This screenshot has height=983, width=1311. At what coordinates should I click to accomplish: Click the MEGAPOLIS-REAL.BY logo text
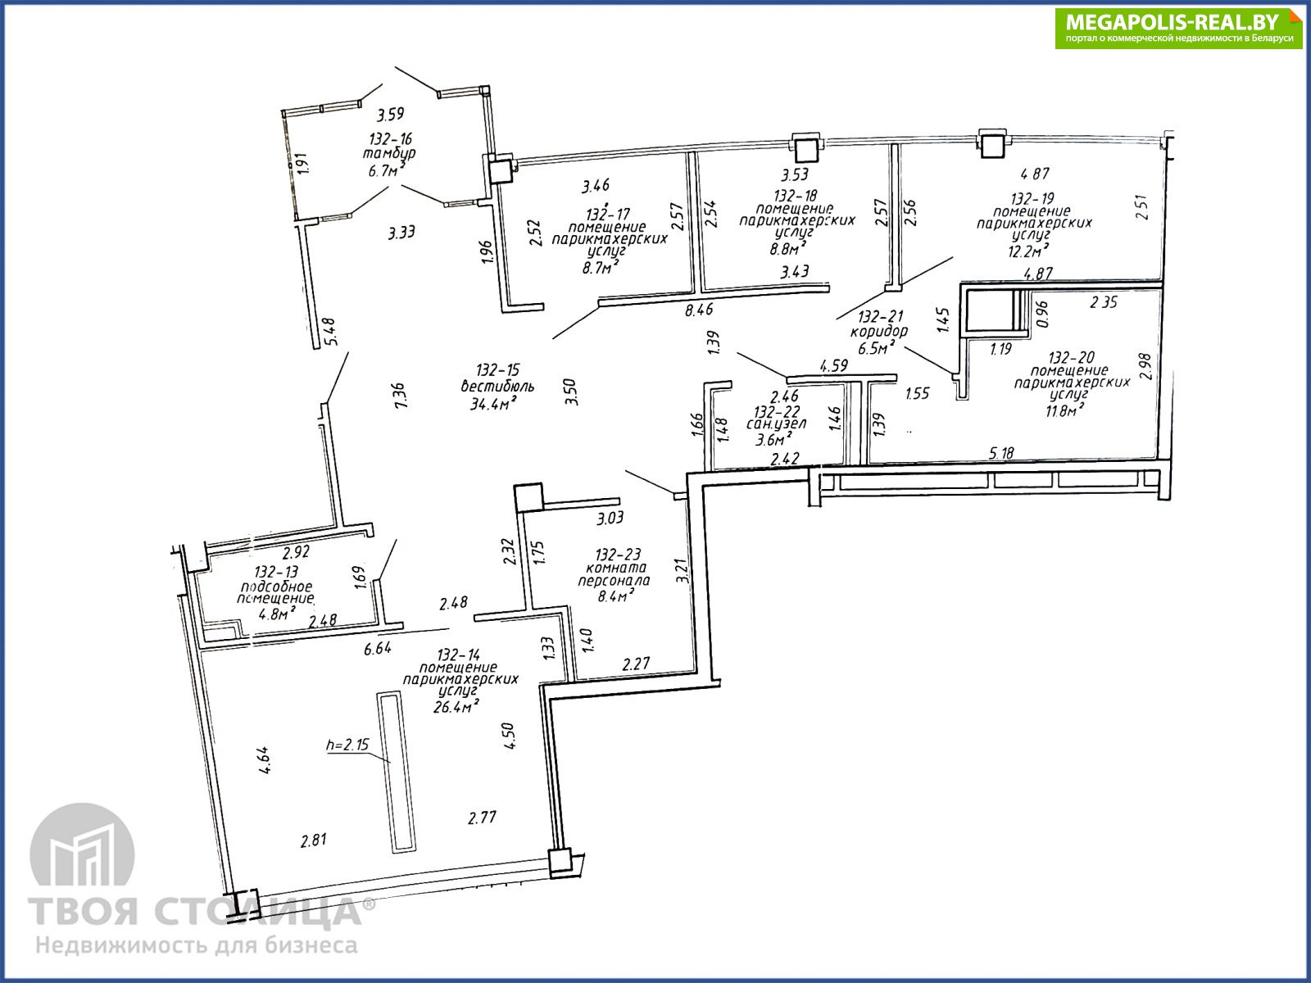click(x=1173, y=22)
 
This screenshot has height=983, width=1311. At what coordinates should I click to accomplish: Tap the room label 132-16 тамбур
click(x=390, y=147)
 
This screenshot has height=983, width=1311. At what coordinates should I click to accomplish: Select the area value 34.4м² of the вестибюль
click(x=492, y=404)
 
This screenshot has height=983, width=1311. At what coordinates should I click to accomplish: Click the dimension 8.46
click(x=699, y=310)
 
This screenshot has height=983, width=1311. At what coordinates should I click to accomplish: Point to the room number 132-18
click(x=795, y=196)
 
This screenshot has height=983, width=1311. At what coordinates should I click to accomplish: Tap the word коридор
click(x=878, y=332)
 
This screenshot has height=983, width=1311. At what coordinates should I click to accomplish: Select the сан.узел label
click(x=776, y=424)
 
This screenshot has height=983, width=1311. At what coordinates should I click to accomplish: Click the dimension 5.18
click(x=1001, y=453)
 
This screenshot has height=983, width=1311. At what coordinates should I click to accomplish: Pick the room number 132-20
click(x=1072, y=357)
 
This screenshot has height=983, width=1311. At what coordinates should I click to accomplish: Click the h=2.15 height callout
click(x=347, y=745)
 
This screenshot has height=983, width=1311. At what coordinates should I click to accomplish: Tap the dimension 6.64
click(x=378, y=648)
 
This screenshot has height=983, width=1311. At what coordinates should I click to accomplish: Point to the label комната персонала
click(x=614, y=574)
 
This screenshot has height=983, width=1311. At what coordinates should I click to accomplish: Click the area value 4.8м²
click(x=276, y=613)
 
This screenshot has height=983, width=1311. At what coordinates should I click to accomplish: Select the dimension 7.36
click(x=400, y=395)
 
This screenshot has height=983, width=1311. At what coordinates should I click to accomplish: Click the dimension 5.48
click(x=330, y=331)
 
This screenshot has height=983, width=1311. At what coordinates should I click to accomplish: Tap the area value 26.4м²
click(x=457, y=707)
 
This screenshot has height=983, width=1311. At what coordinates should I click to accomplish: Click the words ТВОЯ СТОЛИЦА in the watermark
click(x=195, y=912)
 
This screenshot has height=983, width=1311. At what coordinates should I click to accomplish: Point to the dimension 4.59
click(x=833, y=365)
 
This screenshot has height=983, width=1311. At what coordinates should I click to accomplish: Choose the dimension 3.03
click(x=610, y=518)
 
